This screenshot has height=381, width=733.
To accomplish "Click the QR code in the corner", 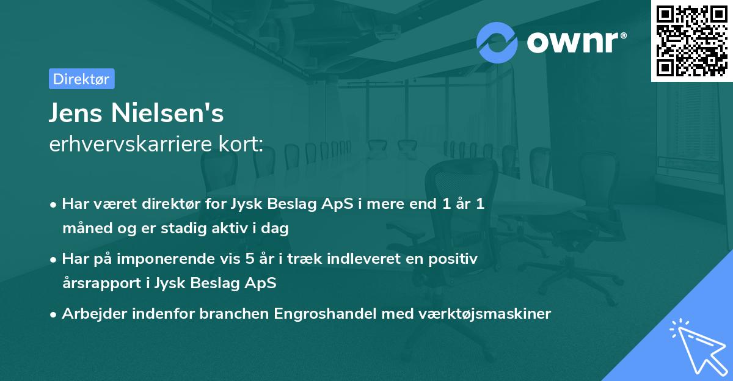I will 691,40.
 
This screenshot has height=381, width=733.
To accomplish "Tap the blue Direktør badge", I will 81,79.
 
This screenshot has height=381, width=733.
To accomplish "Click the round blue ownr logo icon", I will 497,42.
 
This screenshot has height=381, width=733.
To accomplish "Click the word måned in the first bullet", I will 86,229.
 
